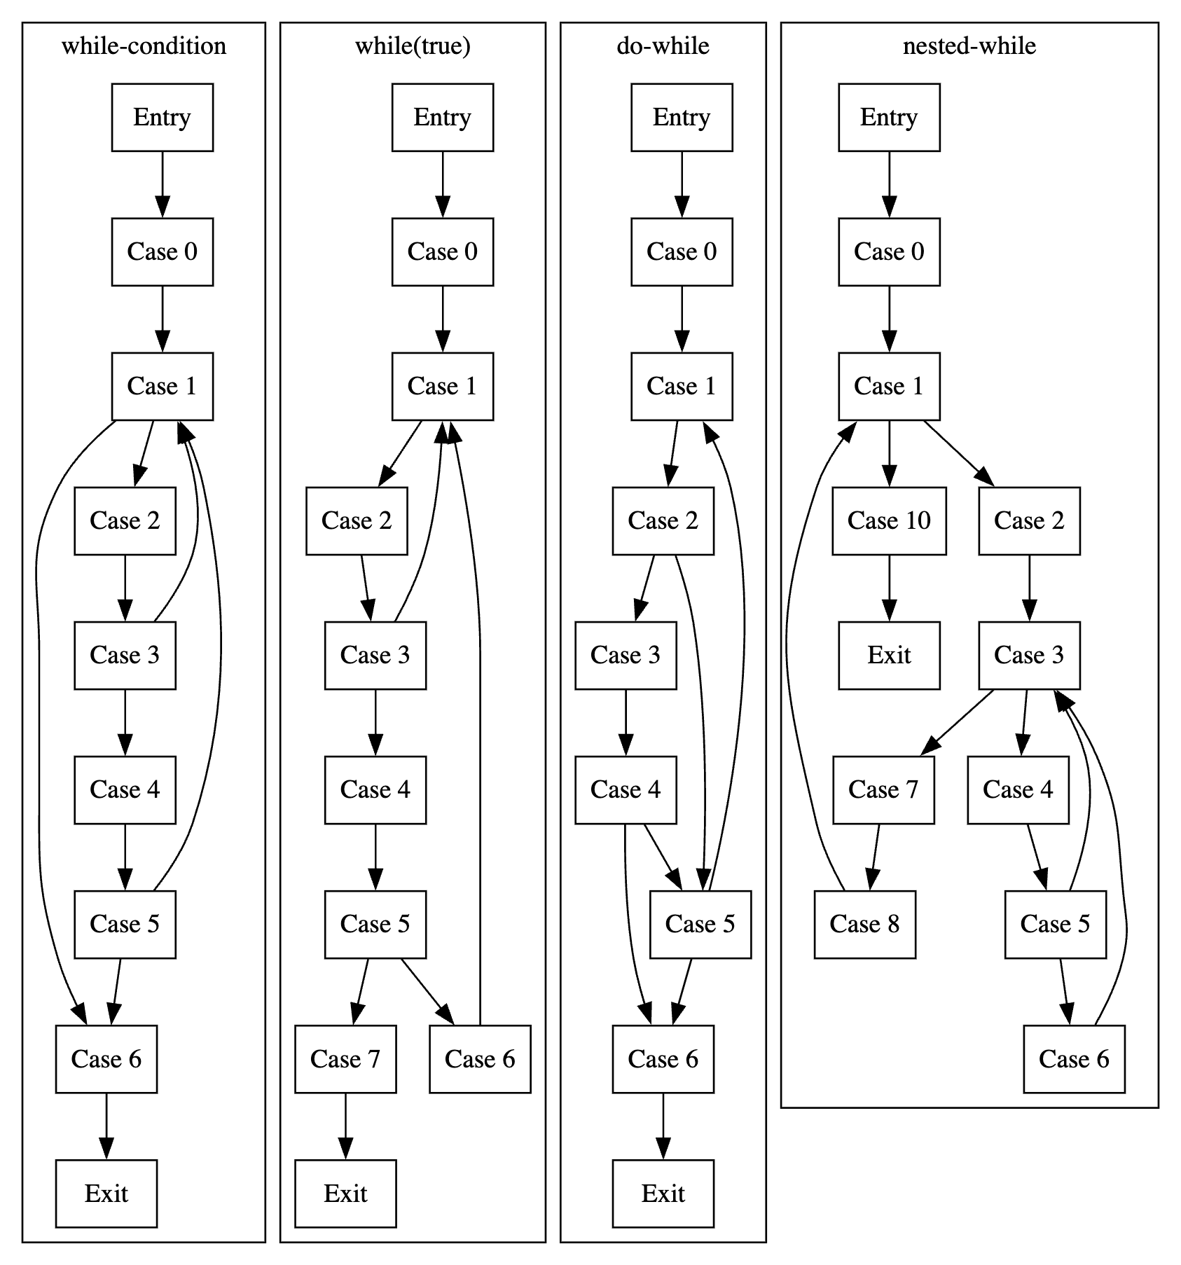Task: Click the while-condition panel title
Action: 144,46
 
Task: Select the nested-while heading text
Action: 969,46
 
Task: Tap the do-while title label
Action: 663,46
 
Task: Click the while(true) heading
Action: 413,46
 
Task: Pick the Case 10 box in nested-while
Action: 889,520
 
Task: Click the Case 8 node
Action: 864,924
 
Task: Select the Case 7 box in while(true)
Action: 345,1058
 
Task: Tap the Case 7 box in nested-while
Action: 883,789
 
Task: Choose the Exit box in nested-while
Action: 889,655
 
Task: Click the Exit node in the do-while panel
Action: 663,1193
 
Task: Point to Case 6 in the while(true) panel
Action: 480,1058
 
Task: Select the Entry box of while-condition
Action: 162,117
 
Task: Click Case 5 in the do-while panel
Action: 700,924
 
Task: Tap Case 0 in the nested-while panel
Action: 889,251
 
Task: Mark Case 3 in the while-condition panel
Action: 125,655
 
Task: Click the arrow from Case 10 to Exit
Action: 889,587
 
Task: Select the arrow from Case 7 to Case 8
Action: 874,856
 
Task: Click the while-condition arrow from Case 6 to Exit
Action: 106,1125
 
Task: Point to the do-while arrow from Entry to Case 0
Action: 682,184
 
